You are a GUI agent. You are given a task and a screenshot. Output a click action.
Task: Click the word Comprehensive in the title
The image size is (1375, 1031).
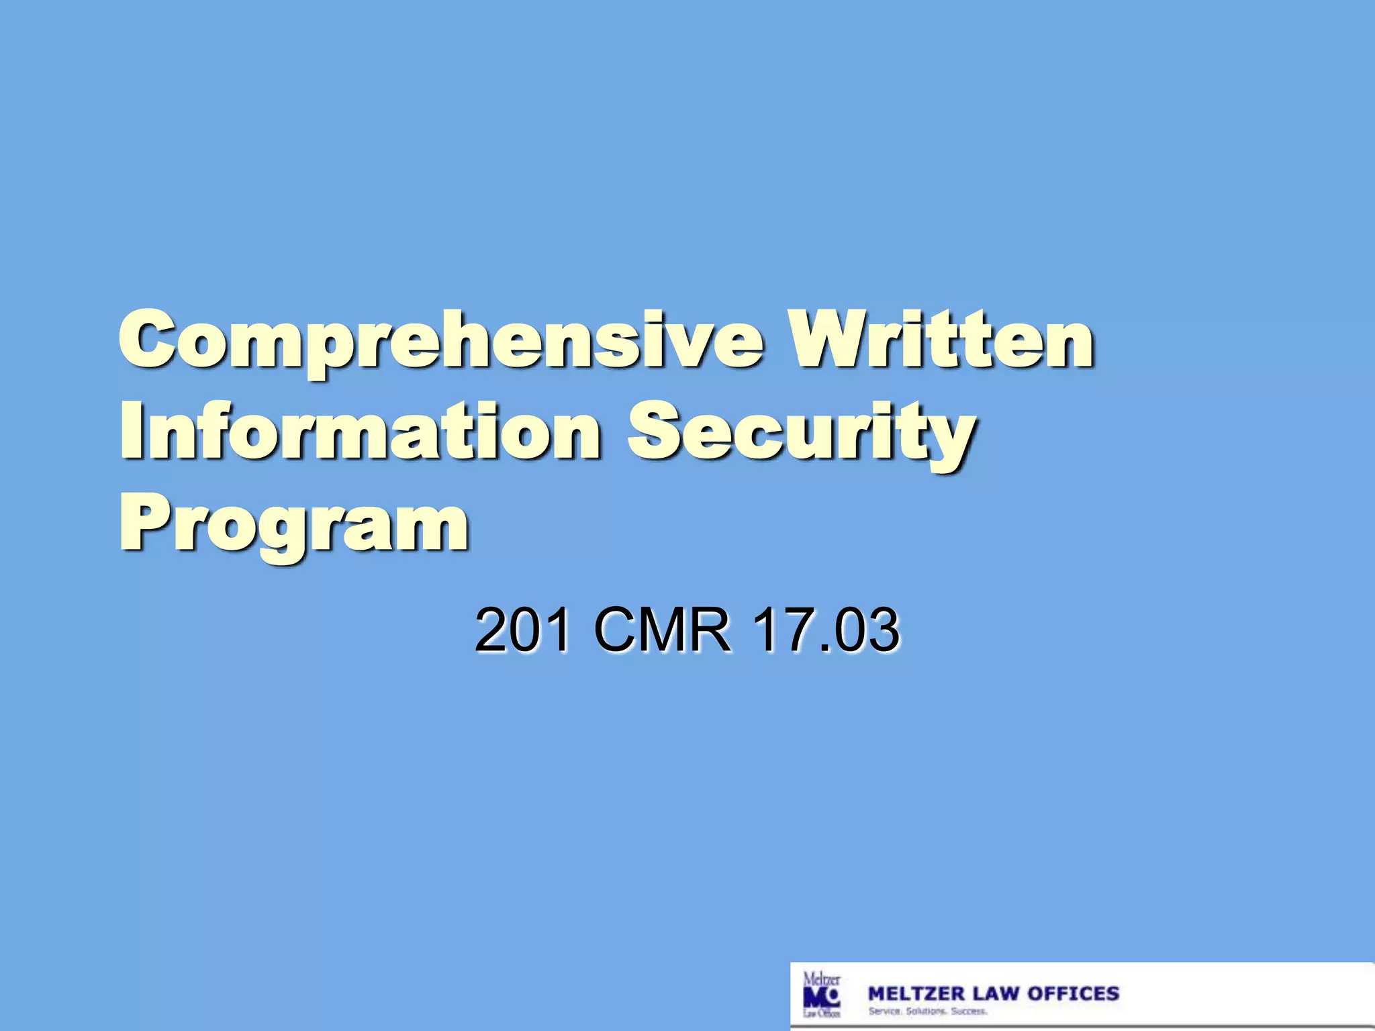tap(440, 342)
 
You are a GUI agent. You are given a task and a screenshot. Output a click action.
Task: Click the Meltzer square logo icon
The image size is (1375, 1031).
tap(821, 995)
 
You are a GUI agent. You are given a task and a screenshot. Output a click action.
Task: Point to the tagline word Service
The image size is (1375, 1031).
tap(884, 1012)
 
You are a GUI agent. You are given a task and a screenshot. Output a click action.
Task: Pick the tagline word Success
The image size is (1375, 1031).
tap(969, 1012)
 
